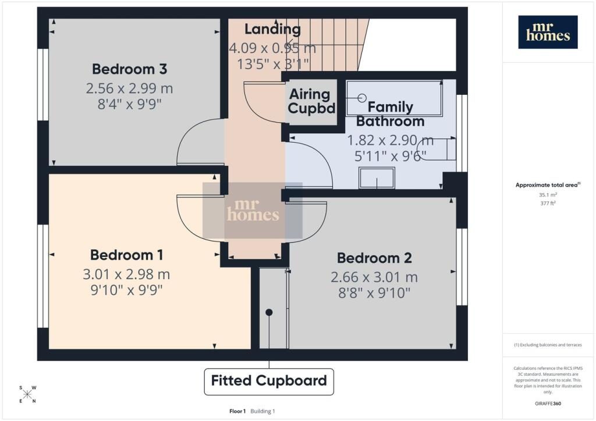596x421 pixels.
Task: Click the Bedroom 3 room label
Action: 129,69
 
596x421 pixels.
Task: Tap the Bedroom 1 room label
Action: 126,255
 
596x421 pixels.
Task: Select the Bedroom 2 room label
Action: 374,258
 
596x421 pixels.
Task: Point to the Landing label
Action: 272,29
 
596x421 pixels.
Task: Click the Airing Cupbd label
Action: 311,101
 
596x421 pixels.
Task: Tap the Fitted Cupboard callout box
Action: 269,381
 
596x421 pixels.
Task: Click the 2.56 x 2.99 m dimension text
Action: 129,88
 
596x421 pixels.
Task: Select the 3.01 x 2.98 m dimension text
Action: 126,274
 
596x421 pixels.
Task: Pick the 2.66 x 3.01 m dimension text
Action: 374,277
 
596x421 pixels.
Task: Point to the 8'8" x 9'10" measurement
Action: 374,292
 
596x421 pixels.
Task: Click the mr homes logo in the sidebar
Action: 548,32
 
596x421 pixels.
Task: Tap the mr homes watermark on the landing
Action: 253,211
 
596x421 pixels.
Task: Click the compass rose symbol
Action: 27,394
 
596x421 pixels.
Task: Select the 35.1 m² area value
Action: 548,195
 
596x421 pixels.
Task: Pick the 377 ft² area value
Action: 548,204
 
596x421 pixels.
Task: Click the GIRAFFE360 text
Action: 548,404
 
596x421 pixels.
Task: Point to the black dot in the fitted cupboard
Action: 269,312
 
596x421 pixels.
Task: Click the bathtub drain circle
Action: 362,98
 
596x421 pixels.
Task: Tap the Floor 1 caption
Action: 237,411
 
